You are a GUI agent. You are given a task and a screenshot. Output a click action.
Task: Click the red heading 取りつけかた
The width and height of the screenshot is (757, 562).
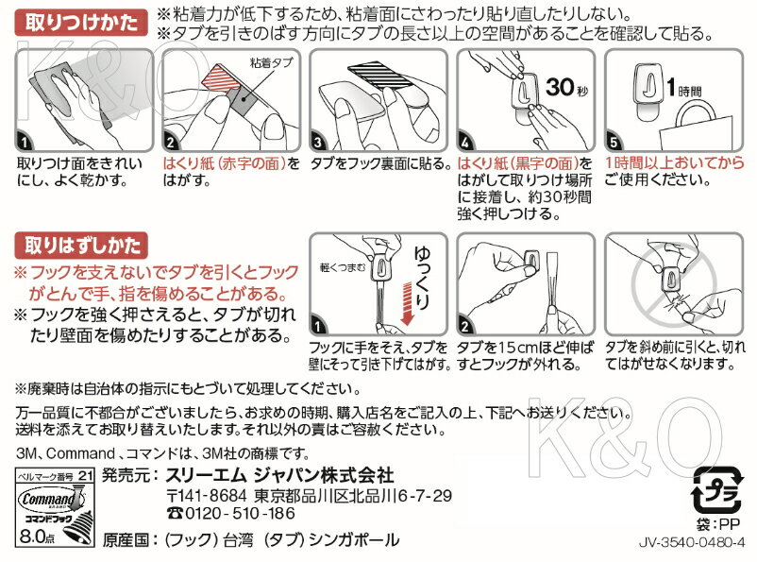coord(81,23)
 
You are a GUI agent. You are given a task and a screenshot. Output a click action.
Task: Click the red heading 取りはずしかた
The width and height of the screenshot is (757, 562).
coord(81,246)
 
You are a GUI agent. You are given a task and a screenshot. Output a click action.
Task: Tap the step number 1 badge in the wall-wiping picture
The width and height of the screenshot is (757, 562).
coord(25,141)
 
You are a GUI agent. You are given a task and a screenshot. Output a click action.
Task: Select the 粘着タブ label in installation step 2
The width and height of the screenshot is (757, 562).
coord(271,62)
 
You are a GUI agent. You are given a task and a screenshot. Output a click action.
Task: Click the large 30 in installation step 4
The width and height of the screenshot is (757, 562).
coord(560,87)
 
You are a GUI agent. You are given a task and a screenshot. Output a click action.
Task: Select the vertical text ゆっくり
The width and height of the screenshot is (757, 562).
coord(422,278)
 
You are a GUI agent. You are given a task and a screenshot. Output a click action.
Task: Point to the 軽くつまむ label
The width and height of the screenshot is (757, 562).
coord(343,267)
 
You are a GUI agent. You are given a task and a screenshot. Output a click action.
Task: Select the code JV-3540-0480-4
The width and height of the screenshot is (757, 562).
coord(692,542)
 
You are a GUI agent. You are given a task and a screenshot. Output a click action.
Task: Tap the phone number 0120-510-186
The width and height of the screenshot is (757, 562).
coord(230,513)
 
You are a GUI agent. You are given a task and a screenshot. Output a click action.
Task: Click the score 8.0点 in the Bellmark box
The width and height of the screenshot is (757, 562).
coord(37,536)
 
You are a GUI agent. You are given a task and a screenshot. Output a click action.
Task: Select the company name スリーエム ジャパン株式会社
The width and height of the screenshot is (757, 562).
coord(279,475)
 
